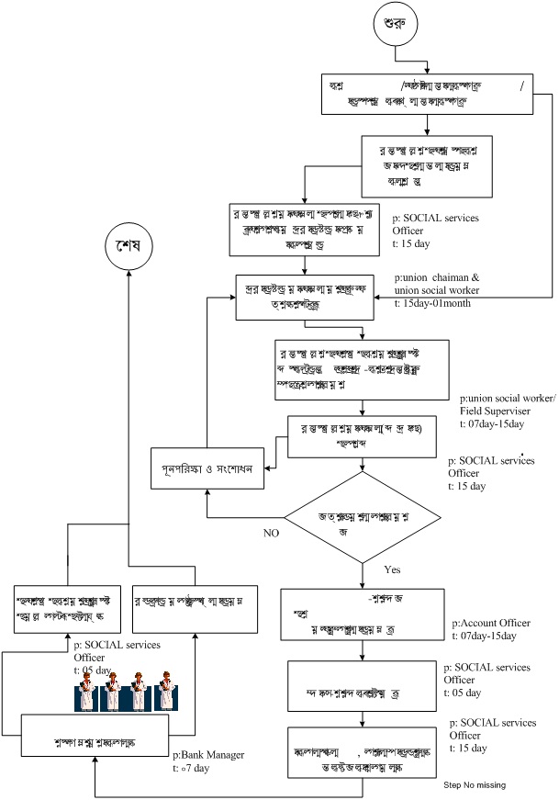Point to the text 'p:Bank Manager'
point(208,754)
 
